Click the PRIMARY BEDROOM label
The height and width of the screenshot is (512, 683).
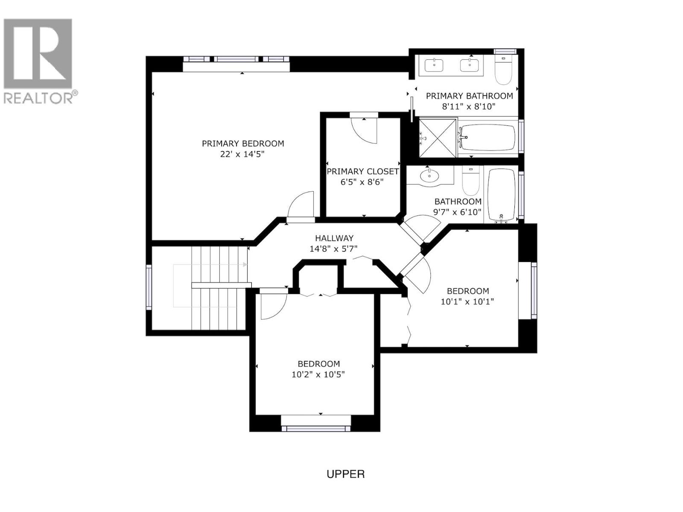pyautogui.click(x=243, y=144)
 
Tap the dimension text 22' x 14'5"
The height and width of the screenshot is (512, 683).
pyautogui.click(x=242, y=154)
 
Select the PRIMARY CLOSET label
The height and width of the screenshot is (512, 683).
pyautogui.click(x=362, y=172)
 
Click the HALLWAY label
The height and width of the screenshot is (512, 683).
pyautogui.click(x=334, y=239)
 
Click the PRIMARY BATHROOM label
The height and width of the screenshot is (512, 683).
pyautogui.click(x=469, y=96)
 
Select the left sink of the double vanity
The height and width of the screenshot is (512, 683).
pyautogui.click(x=434, y=66)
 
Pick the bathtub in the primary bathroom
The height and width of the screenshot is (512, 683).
pyautogui.click(x=487, y=137)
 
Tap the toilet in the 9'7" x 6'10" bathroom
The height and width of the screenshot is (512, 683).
pyautogui.click(x=470, y=181)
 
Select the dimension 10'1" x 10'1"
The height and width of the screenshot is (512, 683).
pyautogui.click(x=467, y=302)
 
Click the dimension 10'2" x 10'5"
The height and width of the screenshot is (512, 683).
pyautogui.click(x=318, y=375)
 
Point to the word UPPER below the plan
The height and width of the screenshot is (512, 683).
pyautogui.click(x=345, y=474)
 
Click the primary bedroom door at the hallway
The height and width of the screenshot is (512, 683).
pyautogui.click(x=301, y=207)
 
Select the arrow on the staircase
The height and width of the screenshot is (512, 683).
pyautogui.click(x=245, y=265)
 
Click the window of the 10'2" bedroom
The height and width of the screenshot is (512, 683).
pyautogui.click(x=315, y=428)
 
